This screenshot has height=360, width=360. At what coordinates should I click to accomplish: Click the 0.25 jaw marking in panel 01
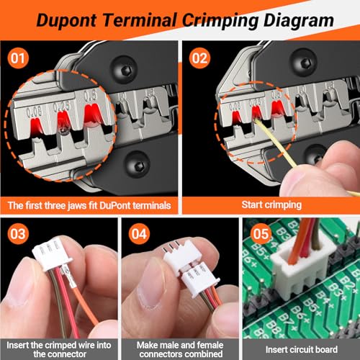pos(61,106)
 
